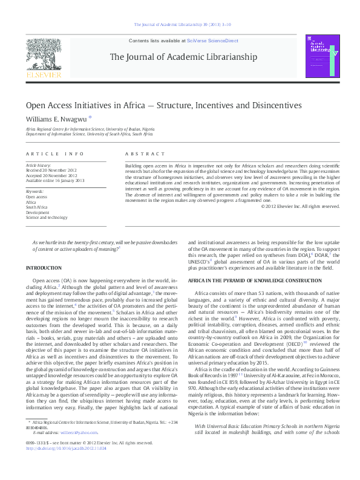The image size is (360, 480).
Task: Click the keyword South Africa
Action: [37, 207]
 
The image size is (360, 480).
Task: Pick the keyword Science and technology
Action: [47, 218]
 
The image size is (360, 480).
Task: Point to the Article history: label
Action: [39, 164]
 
